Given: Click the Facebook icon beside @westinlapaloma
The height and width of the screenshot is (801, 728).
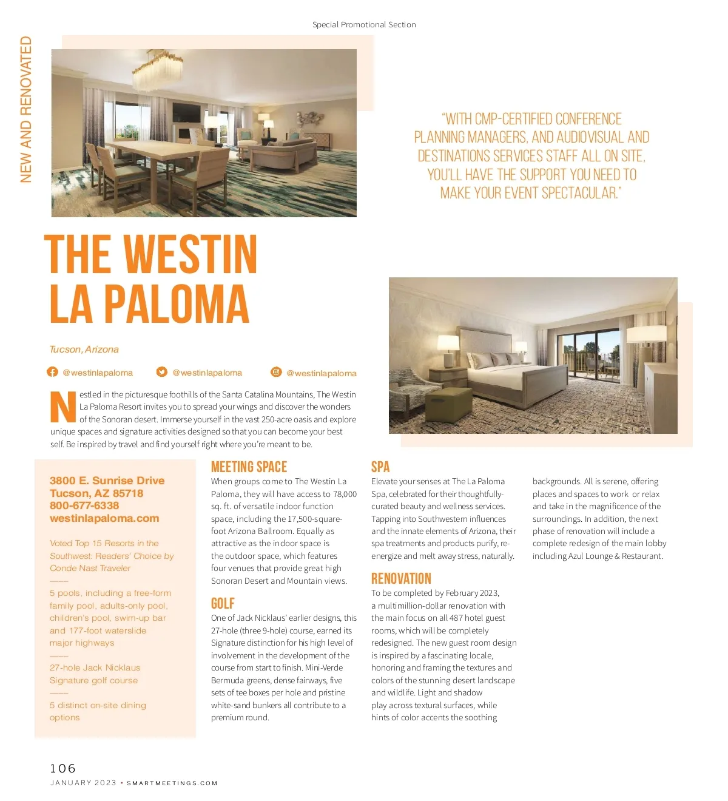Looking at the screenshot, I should coord(53,372).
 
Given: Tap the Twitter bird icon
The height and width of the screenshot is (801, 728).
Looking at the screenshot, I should coord(161,372).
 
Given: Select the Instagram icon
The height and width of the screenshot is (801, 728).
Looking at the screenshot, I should coord(276,372).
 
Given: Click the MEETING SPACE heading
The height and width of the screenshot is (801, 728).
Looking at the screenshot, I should coord(249,467).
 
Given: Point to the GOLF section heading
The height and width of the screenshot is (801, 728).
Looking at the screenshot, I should coord(223,603).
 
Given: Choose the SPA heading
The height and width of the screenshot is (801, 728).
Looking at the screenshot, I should coord(380,467).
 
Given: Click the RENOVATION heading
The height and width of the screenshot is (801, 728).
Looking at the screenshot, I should coord(401,578).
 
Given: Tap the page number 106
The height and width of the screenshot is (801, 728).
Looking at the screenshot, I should coord(63,768).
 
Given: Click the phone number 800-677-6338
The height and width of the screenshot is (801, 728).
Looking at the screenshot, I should coord(84,505).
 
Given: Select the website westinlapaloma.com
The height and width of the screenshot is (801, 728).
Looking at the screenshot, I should coord(104,518).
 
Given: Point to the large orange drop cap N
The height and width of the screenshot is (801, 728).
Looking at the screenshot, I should coord(63,407).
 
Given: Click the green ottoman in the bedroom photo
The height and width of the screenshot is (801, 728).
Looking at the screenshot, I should coord(450,404).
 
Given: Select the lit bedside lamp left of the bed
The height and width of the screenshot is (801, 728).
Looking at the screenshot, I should coord(448,350).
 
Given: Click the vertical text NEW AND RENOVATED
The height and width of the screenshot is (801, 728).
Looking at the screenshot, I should coord(26,109).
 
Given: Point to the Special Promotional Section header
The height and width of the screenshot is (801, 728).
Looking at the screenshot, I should coord(364,25).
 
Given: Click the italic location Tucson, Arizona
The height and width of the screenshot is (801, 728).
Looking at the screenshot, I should coord(84,350).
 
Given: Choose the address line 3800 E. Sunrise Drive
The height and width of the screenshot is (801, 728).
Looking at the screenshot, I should coord(107,481).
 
